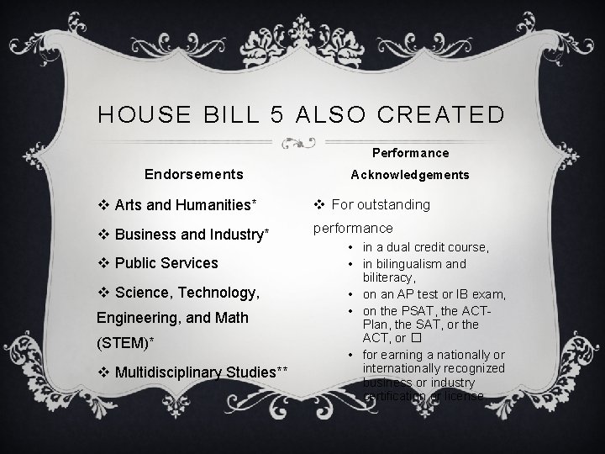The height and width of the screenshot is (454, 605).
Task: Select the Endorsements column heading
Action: point(194,175)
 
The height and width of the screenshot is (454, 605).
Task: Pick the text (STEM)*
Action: point(129,343)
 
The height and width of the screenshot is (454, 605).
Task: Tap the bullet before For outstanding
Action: point(320,204)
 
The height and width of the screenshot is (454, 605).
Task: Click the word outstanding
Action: point(396,204)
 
